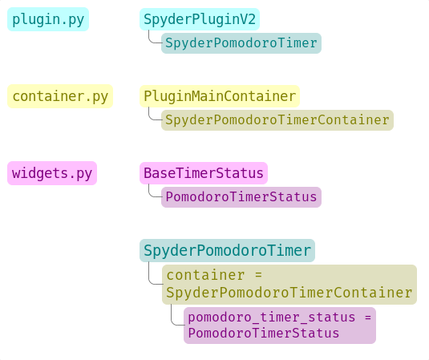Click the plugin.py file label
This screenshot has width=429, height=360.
48,19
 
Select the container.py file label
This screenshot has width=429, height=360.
60,96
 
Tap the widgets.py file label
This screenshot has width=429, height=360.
52,173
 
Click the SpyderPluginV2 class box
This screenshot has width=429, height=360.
200,19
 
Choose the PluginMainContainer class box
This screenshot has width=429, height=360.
220,96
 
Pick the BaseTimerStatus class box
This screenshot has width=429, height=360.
204,173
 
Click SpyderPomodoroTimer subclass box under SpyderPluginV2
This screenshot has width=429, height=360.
241,43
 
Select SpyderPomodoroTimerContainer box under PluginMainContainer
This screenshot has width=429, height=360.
277,120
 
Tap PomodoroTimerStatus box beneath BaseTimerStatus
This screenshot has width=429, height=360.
241,197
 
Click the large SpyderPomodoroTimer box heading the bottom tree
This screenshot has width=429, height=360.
227,250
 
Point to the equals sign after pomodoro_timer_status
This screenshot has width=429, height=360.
367,317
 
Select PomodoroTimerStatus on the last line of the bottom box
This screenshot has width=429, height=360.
264,334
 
